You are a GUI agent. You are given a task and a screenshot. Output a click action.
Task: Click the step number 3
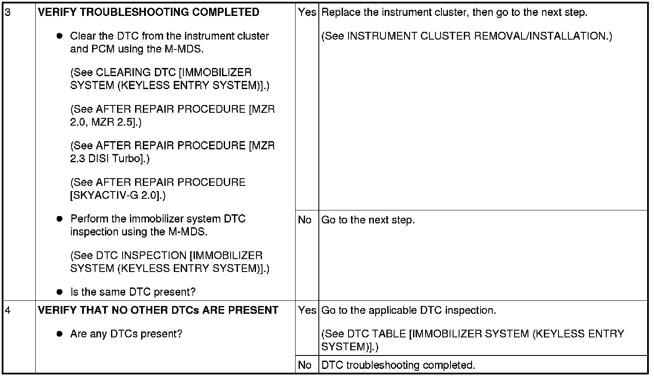(x=8, y=12)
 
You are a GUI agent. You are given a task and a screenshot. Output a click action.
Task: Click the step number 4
(x=8, y=310)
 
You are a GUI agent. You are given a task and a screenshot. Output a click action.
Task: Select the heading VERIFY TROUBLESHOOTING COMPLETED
(x=148, y=12)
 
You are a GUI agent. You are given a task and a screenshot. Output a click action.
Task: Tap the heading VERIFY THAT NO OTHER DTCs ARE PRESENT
(x=158, y=310)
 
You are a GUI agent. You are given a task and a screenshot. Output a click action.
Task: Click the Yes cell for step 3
(x=307, y=12)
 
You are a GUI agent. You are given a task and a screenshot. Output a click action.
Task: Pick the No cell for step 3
(x=305, y=220)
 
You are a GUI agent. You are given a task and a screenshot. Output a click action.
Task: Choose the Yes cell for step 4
(x=307, y=310)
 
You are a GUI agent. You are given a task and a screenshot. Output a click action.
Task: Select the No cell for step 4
(x=305, y=365)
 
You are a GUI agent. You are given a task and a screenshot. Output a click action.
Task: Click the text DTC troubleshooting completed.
(x=398, y=365)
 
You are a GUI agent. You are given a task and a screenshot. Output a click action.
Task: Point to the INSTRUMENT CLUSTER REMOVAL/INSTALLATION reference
(x=466, y=36)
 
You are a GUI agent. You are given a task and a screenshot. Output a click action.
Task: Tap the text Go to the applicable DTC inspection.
(x=408, y=310)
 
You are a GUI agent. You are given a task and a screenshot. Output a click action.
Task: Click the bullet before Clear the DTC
(x=60, y=36)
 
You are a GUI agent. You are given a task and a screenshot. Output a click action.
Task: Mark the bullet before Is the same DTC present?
(x=60, y=292)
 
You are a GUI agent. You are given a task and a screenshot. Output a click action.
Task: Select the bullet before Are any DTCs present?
(x=60, y=334)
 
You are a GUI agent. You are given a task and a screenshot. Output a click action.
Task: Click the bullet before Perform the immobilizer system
(x=60, y=219)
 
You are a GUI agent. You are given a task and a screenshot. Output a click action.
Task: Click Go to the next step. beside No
(x=368, y=220)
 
